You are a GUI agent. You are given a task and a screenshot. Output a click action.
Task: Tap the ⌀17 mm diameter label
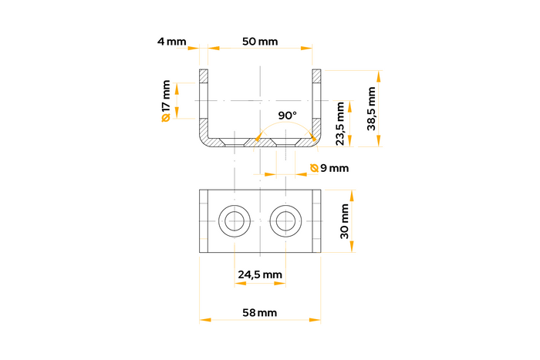pos(165,100)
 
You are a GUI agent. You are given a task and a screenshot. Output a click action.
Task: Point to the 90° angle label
pos(287,115)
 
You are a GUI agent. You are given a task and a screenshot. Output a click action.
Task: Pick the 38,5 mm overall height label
pos(371,108)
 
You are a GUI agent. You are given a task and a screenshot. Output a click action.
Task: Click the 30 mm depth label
pos(344,221)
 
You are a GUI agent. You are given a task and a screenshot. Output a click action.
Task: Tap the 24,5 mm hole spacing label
pos(259,274)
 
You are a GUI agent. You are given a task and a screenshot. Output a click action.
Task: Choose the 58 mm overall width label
pos(259,312)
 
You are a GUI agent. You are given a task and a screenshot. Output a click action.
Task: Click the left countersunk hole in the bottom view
pos(233,221)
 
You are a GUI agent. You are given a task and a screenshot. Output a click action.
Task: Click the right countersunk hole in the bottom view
pos(285,221)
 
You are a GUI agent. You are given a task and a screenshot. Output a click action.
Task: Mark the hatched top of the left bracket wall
pos(204,76)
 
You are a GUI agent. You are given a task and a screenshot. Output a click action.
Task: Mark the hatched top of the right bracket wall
pos(316,76)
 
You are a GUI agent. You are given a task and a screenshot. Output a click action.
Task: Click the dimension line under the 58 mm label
pos(259,319)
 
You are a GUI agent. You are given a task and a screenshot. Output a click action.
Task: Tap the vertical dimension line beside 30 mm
pos(353,221)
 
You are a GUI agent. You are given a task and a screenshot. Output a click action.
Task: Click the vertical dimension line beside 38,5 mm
pos(379,109)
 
